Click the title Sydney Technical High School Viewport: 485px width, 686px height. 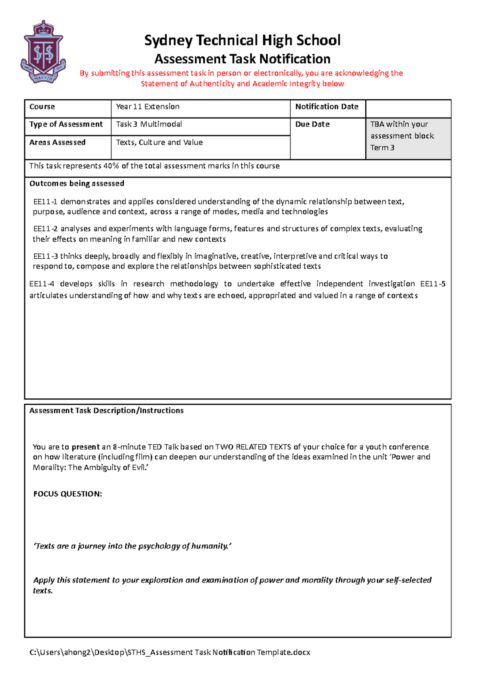click(x=242, y=40)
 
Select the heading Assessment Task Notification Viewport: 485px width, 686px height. click(x=242, y=59)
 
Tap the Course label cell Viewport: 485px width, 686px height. click(x=42, y=107)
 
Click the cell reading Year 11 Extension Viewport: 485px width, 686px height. click(x=148, y=107)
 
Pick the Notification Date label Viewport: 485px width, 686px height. click(x=327, y=107)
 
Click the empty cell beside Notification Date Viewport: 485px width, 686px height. click(x=408, y=108)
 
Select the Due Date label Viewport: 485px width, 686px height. click(x=312, y=124)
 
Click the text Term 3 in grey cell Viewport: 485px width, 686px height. click(x=382, y=148)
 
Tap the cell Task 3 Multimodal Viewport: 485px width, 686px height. click(x=149, y=124)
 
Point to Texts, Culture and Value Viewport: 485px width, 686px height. click(x=159, y=143)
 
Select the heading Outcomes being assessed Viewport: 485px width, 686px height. click(x=77, y=183)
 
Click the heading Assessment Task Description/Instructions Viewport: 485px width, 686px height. click(x=106, y=410)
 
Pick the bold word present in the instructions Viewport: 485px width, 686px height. click(x=85, y=447)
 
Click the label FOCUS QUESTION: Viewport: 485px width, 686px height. click(x=67, y=494)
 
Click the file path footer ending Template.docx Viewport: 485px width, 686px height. click(x=170, y=652)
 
